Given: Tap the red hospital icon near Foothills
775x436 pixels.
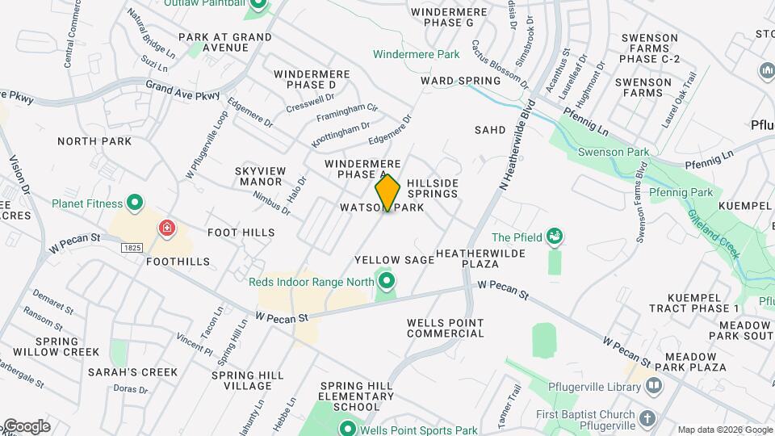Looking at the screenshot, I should coord(167,228).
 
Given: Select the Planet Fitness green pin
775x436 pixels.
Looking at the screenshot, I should coord(135,203).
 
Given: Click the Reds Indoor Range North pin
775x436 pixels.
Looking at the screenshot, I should coord(387,282).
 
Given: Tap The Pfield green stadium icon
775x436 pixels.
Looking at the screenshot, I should coord(554,237).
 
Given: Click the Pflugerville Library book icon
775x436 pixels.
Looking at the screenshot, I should coord(653,387).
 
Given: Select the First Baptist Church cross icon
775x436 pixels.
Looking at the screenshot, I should coord(646,419).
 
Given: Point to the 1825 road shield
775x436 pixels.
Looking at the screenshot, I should coord(133,245).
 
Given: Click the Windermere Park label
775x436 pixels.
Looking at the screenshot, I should coord(416,54).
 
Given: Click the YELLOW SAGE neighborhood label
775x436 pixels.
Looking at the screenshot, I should coord(395,260).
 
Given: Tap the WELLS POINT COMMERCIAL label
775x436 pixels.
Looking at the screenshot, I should coord(446,328).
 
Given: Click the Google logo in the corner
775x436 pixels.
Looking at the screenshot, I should coord(26,426).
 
